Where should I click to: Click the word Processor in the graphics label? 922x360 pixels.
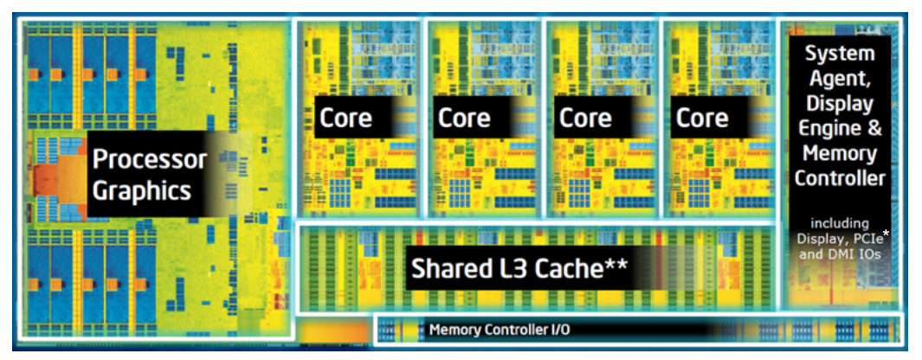150,159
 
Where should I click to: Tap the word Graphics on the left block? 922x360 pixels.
141,190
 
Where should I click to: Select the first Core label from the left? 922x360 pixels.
345,118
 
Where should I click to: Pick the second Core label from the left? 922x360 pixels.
464,118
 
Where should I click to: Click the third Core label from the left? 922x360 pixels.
585,118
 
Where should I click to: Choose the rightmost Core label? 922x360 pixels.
701,118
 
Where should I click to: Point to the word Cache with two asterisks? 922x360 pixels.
575,268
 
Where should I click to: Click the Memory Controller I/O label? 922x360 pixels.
500,330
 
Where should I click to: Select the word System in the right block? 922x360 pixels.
839,54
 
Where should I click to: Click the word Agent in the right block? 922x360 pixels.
839,80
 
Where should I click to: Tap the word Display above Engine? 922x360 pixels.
839,105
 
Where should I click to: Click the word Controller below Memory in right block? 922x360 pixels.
840,179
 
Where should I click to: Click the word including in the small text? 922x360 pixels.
839,222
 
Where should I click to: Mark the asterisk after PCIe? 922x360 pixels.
886,233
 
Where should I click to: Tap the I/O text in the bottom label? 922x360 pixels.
558,330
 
